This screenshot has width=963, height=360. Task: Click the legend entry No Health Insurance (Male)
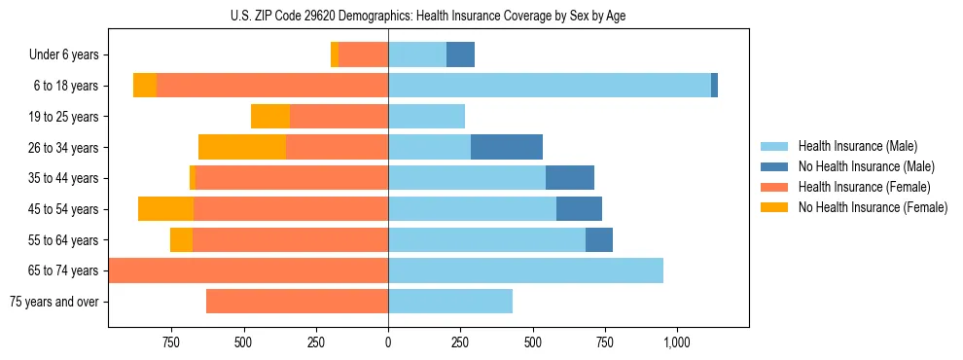coord(866,166)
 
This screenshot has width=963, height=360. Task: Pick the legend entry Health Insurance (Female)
coord(864,187)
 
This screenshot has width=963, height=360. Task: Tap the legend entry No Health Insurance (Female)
coord(873,207)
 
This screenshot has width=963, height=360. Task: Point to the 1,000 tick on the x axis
coord(676,342)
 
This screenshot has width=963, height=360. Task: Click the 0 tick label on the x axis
coord(388,342)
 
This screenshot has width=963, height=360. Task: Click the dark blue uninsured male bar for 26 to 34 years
coord(507,147)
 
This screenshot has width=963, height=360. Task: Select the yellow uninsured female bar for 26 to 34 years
coord(242,147)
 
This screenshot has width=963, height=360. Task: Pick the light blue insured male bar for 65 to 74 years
coord(525,270)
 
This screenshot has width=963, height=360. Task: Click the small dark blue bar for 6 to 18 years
coord(714,86)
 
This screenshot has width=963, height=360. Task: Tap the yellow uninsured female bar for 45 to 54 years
coord(165,209)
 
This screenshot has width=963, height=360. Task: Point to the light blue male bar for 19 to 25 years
coord(426,117)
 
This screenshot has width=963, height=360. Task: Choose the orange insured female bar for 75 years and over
coord(297,302)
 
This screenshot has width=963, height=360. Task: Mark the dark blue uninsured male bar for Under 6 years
coord(460,55)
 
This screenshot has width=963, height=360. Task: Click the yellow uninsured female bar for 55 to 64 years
coord(181,239)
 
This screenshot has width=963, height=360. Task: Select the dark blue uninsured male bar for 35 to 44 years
coord(570,178)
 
